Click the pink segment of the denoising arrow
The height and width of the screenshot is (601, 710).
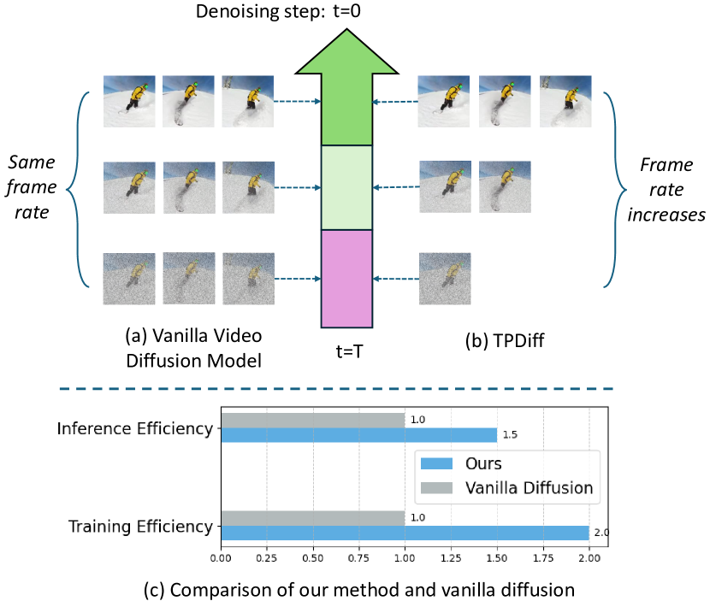point(346,278)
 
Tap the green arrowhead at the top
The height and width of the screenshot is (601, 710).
point(346,94)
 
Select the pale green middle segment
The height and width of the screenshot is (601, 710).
point(346,187)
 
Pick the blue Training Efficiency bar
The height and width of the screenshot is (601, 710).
point(405,533)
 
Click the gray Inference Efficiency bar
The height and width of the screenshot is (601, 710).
point(312,421)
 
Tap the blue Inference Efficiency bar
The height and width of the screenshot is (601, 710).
point(358,435)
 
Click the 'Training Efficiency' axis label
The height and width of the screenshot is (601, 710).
point(139,526)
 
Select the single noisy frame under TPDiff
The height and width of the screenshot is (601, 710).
point(444,279)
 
